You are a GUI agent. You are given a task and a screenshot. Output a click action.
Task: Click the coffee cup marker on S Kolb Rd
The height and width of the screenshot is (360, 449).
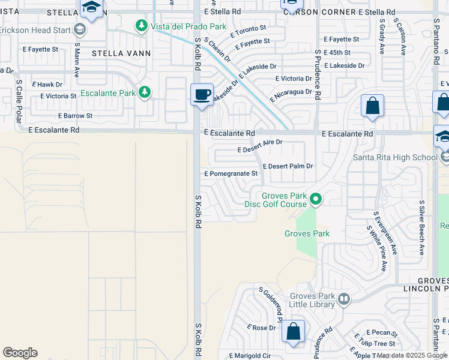click(202, 94)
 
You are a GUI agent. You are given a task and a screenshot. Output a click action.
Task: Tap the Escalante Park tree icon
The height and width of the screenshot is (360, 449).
click(144, 92)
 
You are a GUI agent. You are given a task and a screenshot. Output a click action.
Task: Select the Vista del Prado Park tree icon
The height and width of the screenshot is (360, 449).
click(141, 26)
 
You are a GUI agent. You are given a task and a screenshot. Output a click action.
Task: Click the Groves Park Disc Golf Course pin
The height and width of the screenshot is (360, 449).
click(315, 197)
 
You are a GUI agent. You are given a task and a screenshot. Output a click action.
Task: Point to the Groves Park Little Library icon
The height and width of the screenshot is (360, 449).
click(344, 299)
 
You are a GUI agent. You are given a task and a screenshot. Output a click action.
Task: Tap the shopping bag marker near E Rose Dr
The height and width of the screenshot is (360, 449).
click(294, 331)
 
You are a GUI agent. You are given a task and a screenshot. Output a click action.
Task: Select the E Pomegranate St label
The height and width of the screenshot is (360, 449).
click(231, 173)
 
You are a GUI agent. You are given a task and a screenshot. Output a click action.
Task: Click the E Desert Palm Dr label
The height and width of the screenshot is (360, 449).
click(288, 166)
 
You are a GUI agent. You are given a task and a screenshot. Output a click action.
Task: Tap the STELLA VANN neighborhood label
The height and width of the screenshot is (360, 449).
click(121, 53)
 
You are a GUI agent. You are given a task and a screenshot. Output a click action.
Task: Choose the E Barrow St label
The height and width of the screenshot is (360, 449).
click(75, 116)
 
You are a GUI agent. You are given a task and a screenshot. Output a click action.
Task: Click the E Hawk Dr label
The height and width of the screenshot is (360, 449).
click(47, 85)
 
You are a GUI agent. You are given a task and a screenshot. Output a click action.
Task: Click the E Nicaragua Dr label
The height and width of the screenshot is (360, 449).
click(291, 94)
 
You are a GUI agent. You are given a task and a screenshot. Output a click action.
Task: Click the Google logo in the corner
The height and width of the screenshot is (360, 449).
click(20, 353)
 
